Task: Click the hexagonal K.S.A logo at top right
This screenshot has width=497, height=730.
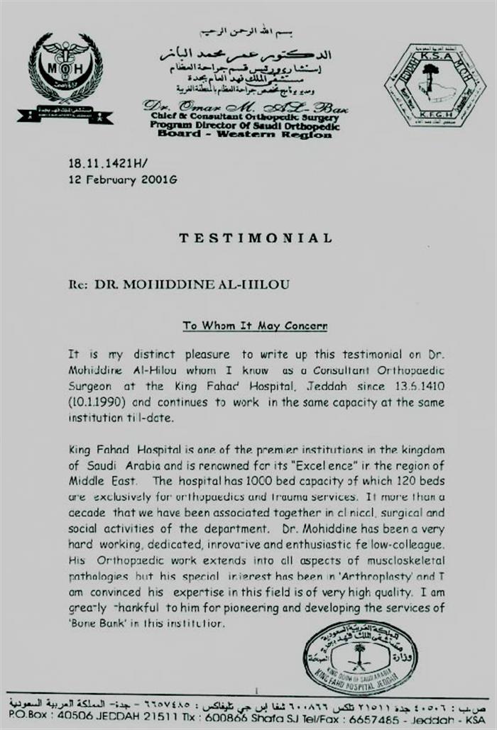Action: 435,85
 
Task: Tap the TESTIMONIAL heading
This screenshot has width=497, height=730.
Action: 255,238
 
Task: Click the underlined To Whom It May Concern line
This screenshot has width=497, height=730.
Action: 255,326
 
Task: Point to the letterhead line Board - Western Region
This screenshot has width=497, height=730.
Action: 244,133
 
